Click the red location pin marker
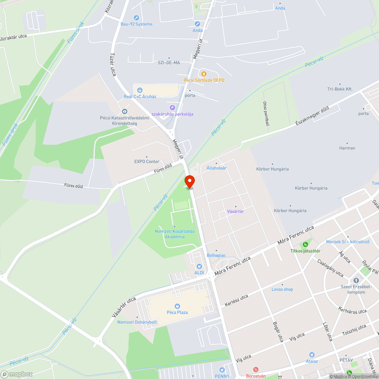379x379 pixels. coord(189,181)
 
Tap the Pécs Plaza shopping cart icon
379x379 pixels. coord(177,306)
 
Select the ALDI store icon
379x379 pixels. coord(199,266)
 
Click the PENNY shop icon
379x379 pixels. coord(222,370)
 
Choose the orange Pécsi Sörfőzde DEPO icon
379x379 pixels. coord(204,74)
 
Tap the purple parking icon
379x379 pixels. coord(172,108)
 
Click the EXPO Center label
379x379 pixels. coord(147,161)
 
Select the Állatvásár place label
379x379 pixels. coord(216,168)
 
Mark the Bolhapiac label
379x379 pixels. coord(216,255)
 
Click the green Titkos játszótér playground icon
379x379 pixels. coord(305,244)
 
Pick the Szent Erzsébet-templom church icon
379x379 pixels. coord(356,280)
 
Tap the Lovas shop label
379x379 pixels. coord(282,289)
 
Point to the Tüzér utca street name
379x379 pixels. coord(113,64)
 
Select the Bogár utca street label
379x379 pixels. coord(278,332)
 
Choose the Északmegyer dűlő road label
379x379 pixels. coord(312,116)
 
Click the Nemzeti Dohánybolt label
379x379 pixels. coord(137,322)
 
